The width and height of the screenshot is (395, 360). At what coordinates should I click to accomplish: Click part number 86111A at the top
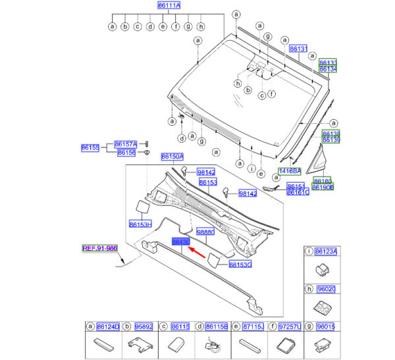click(169, 5)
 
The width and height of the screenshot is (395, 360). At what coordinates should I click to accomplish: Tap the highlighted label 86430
click(180, 243)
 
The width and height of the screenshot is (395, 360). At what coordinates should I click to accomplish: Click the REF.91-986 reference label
click(99, 248)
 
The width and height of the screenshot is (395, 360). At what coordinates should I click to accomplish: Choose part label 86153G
click(241, 265)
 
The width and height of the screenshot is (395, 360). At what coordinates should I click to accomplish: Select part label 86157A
click(126, 144)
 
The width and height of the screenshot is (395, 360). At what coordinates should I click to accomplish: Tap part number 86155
click(90, 149)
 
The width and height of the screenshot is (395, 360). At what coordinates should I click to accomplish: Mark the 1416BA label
click(290, 171)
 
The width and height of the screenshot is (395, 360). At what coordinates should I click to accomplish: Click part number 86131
click(299, 49)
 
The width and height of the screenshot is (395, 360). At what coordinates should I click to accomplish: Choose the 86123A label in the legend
click(326, 251)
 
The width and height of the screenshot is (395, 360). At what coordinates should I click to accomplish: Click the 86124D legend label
click(109, 326)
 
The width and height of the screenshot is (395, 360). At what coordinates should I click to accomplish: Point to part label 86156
click(126, 153)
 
